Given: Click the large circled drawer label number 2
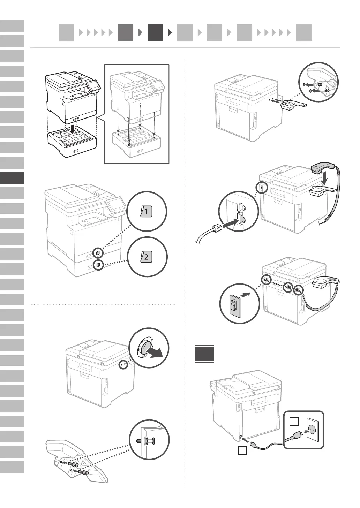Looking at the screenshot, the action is [x=146, y=257].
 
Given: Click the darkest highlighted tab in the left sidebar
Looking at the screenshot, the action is [x=12, y=178].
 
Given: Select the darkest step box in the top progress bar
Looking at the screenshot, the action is [x=155, y=32].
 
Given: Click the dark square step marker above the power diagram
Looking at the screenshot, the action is [x=204, y=354].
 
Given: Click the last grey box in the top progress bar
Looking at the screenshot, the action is [x=303, y=32].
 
